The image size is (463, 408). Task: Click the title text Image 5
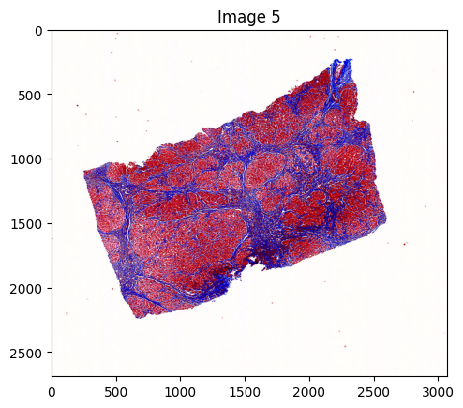249,16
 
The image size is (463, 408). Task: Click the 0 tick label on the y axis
39,31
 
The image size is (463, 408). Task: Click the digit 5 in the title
276,16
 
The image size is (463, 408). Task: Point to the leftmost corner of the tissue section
84,173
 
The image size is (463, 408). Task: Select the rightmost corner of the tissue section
386,221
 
